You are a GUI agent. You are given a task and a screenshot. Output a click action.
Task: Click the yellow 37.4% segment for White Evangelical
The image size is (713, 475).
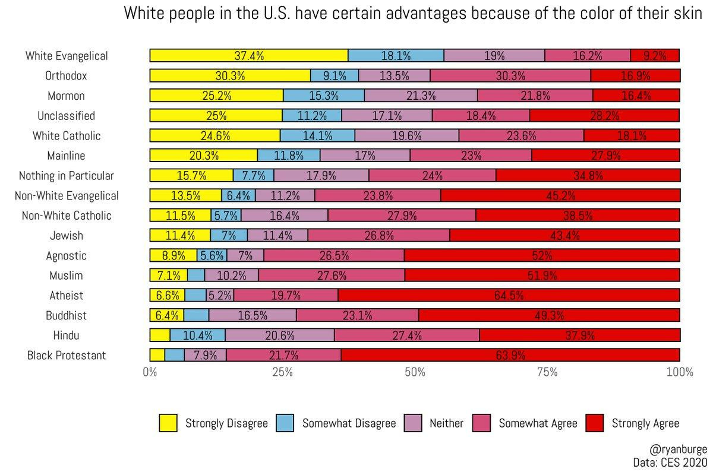coord(248,56)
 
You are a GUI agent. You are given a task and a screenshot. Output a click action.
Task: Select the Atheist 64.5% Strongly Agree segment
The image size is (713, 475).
coord(509,295)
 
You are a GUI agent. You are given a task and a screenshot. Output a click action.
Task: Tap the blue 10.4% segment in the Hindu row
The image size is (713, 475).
coord(197,335)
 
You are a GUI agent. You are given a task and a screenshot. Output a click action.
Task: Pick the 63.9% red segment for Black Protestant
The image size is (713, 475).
coord(510,355)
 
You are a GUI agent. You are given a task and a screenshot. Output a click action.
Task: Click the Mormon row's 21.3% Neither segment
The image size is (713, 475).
coord(421,96)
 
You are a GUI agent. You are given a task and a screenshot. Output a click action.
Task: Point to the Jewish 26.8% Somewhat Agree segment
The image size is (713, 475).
coord(378,236)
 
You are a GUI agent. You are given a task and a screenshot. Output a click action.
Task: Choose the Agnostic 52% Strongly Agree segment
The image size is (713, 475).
coord(542,255)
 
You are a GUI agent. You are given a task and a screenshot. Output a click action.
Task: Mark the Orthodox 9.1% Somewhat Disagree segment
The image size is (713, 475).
coord(335,76)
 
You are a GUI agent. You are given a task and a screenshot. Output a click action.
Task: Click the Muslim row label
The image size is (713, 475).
coord(66,275)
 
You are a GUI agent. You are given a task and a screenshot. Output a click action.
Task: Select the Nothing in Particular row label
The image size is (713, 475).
coord(66,176)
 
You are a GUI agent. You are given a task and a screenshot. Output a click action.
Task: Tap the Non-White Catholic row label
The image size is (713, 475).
coord(66,216)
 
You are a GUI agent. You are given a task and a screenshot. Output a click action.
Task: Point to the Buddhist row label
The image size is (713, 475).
coord(66,315)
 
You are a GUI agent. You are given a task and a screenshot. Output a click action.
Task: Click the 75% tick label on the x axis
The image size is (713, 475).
coord(547,373)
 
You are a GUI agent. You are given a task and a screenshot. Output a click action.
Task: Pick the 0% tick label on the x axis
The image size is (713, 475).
coord(150,373)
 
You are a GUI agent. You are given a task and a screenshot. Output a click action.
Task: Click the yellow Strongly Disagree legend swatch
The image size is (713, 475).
coord(168,423)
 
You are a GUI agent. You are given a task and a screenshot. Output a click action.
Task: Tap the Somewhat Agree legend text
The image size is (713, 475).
coord(538,423)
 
